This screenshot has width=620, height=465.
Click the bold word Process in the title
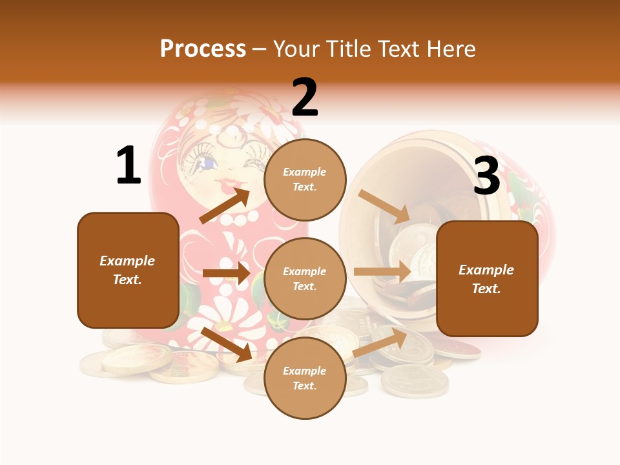click(x=203, y=48)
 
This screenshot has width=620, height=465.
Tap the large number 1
click(x=129, y=165)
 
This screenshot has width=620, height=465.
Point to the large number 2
click(x=305, y=98)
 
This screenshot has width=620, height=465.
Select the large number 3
click(x=486, y=176)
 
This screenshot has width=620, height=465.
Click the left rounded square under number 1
click(x=128, y=270)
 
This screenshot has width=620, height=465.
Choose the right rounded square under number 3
click(x=487, y=278)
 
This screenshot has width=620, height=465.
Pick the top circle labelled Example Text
click(x=305, y=180)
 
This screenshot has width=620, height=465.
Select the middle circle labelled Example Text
click(x=305, y=278)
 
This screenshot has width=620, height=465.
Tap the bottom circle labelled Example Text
click(x=305, y=378)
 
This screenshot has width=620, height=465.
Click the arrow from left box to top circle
click(x=225, y=205)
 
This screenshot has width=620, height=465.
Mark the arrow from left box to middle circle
click(x=226, y=273)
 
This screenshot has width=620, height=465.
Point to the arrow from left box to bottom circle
click(x=227, y=344)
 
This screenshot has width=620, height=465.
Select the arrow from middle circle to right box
click(x=382, y=271)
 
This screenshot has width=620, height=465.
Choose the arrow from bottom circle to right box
click(x=380, y=342)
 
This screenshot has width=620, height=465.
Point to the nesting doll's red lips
click(x=227, y=183)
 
